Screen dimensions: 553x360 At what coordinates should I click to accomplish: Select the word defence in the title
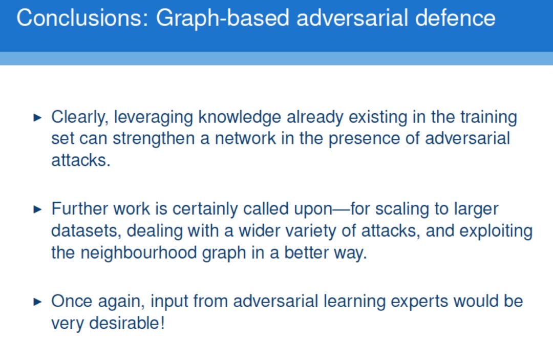[x=455, y=18]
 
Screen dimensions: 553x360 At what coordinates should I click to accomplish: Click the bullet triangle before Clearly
[x=37, y=117]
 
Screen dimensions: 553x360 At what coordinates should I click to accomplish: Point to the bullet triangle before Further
[x=37, y=209]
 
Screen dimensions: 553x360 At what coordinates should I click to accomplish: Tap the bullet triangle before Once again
[x=37, y=302]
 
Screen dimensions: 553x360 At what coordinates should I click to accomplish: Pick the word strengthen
[x=154, y=139]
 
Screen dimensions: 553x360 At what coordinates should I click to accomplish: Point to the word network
[x=245, y=138]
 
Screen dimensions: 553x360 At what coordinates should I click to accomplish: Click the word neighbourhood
[x=139, y=253]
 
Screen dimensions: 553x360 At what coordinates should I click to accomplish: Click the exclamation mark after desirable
[x=163, y=323]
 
